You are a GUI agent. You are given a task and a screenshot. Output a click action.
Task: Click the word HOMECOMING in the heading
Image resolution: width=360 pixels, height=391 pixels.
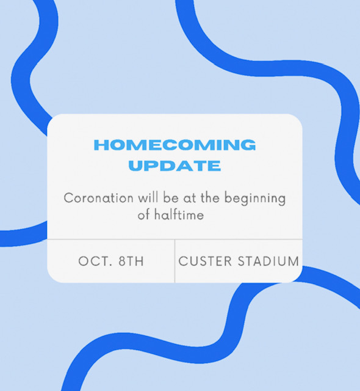point(175,145)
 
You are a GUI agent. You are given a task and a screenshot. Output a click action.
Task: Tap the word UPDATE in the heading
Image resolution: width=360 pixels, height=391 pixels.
point(175,166)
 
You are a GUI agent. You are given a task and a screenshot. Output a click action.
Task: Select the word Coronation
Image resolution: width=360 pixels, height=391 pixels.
point(99,198)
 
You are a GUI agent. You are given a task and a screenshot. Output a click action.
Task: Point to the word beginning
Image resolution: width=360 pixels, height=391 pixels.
point(255,199)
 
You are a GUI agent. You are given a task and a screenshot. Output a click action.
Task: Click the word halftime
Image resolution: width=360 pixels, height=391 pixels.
point(179,214)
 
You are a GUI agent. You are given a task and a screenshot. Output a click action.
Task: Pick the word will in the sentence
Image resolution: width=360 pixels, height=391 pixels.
point(148,198)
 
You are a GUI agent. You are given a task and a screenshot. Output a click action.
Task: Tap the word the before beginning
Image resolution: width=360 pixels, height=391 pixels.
point(210,198)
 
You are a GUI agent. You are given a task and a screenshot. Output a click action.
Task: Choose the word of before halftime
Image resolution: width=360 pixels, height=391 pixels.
point(144,214)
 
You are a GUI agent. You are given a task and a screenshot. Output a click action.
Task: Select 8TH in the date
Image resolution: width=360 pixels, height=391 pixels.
point(131,261)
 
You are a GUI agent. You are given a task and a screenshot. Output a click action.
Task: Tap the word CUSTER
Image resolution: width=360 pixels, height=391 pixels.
point(205,261)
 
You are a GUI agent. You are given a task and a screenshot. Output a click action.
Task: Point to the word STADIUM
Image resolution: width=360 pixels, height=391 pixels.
point(268,261)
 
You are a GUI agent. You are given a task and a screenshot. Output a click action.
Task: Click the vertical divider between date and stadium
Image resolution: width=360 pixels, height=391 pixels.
point(175,261)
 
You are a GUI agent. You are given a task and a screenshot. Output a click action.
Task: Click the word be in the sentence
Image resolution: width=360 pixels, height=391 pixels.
point(171,198)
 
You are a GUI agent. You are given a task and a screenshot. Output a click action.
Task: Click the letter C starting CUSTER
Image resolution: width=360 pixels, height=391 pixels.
point(183,261)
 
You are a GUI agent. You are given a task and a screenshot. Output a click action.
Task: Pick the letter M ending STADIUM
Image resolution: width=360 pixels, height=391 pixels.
point(293,261)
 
